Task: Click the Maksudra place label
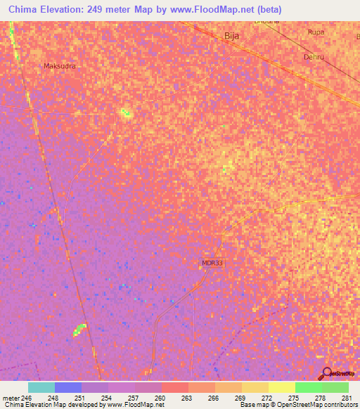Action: click(x=59, y=66)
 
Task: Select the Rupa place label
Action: click(x=316, y=32)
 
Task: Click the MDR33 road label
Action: click(x=212, y=263)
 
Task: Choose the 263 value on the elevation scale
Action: click(x=186, y=398)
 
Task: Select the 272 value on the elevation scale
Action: click(x=266, y=398)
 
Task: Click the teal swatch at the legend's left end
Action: click(x=41, y=387)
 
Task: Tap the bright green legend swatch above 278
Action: click(x=309, y=387)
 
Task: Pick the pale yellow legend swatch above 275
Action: click(x=282, y=387)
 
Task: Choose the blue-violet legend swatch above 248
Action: click(x=68, y=387)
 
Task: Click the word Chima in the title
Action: click(x=25, y=9)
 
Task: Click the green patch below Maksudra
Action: click(x=125, y=112)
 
